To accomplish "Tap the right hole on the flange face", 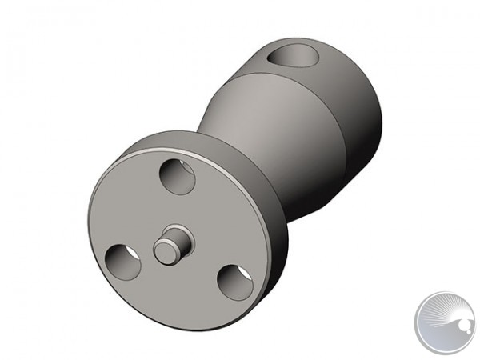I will [234, 282].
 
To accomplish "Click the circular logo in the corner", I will [445, 322].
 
